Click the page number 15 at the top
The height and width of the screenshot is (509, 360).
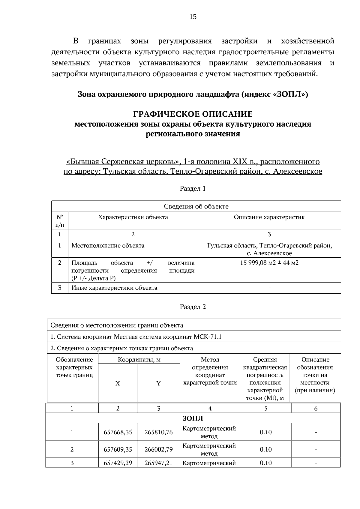[193, 17]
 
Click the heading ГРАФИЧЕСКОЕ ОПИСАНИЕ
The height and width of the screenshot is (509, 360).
[193, 114]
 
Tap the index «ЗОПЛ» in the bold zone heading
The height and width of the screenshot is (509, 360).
[290, 94]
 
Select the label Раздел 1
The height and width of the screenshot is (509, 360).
[193, 189]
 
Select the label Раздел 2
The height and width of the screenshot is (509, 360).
[193, 307]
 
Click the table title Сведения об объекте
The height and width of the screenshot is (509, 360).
[196, 206]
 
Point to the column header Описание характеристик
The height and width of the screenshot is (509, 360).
[269, 217]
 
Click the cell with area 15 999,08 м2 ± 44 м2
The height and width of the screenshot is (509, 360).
[269, 263]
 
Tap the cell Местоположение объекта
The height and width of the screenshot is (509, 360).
[108, 246]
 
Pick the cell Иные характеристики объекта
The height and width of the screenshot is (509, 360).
[114, 288]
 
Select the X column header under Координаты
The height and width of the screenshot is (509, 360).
[118, 384]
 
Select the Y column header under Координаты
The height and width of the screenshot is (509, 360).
[158, 384]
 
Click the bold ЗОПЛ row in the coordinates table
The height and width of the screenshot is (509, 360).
[193, 418]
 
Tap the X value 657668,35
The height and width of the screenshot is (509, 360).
[118, 432]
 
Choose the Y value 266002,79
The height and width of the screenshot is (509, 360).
[158, 449]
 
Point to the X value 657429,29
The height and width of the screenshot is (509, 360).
[118, 463]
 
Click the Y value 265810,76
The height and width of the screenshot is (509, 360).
[158, 432]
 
